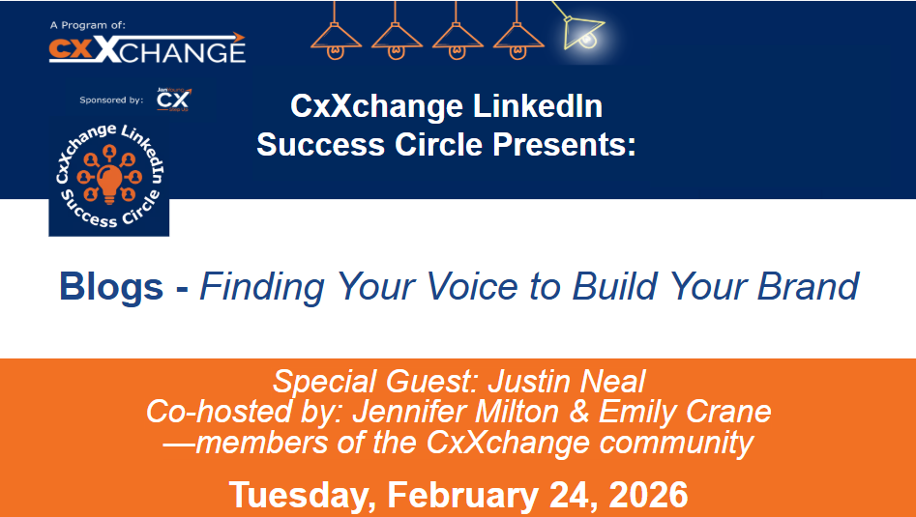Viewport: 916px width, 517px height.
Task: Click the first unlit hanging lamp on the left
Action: pos(336,33)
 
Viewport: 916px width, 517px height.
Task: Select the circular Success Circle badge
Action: pos(109,176)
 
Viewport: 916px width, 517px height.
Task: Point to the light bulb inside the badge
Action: pos(109,180)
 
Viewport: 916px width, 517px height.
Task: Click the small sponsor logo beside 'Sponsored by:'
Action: pos(174,100)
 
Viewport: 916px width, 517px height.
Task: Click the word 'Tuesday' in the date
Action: pos(300,495)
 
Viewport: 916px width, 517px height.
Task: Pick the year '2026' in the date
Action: pos(641,495)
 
